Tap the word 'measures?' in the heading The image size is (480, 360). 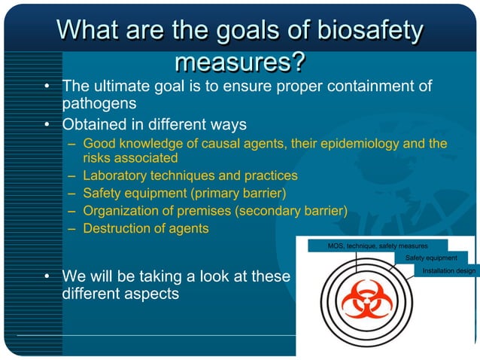[x=239, y=61]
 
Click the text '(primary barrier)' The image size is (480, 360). [x=240, y=194]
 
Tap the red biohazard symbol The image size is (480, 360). [x=366, y=302]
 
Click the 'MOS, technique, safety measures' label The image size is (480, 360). [x=378, y=246]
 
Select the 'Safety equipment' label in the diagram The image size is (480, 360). [x=431, y=258]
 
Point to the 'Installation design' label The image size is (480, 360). [x=448, y=270]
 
